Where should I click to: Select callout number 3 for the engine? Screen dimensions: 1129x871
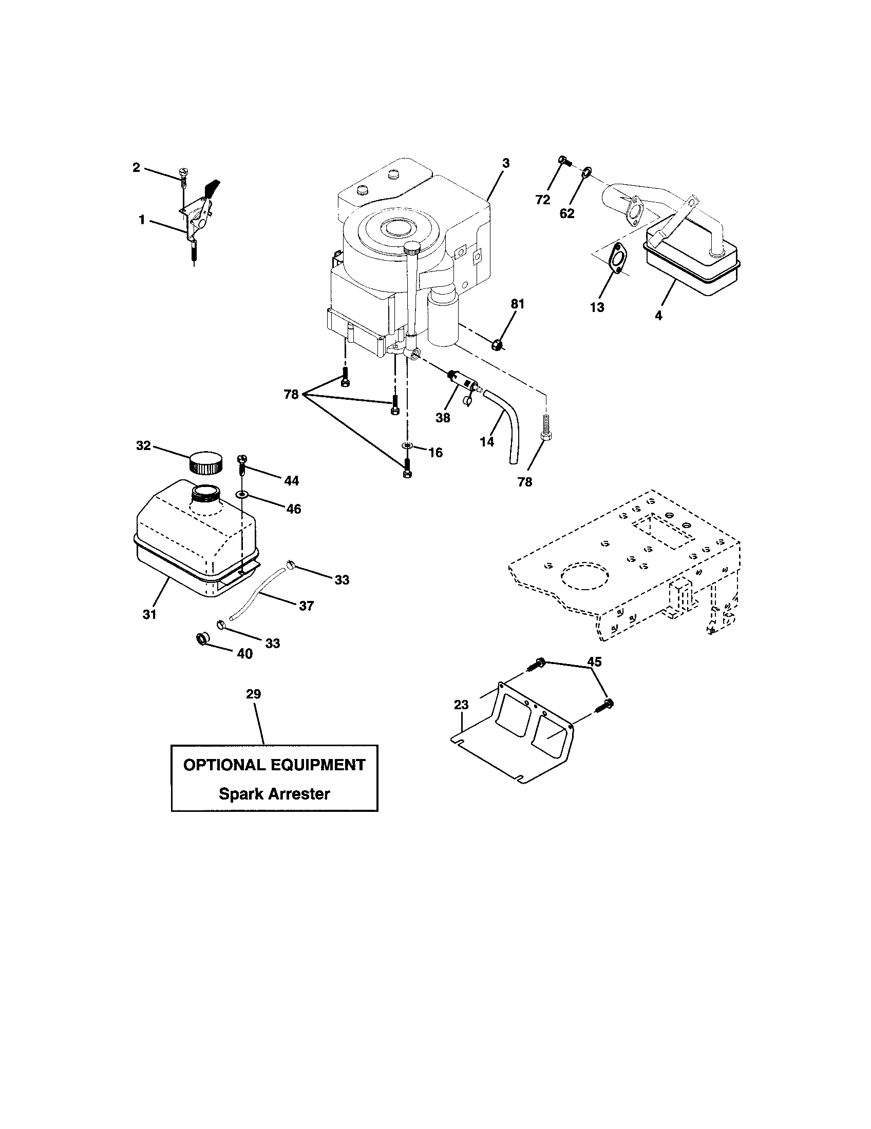[x=505, y=163]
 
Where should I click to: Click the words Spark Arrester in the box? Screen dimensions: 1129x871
[x=274, y=793]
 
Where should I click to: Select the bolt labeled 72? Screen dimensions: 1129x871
[x=563, y=161]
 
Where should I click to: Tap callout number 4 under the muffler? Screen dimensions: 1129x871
[x=658, y=315]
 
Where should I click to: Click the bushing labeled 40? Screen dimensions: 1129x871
[x=202, y=639]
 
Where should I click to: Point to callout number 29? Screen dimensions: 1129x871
[x=253, y=694]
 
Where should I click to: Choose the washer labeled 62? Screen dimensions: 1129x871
[x=586, y=171]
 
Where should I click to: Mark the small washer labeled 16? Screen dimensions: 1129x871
[x=407, y=445]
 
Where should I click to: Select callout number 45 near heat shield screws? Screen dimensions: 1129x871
[x=594, y=661]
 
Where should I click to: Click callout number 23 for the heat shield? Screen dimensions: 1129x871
[x=461, y=705]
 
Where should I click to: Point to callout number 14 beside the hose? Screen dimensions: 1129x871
[x=487, y=441]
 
